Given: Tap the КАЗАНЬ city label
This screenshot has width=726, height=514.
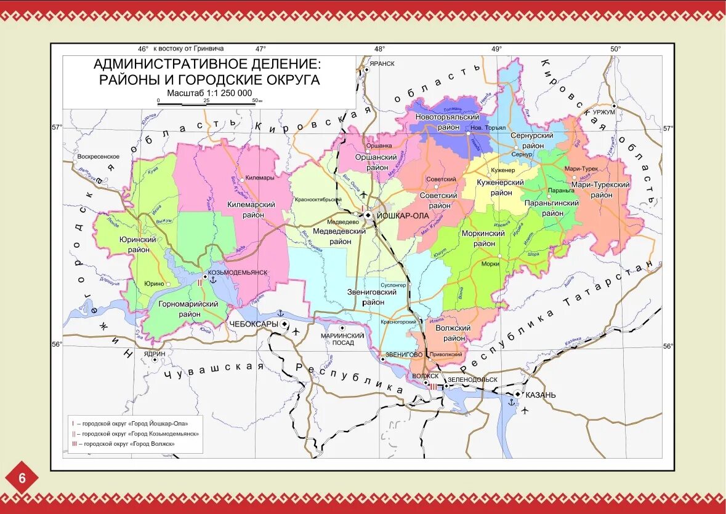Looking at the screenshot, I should (x=541, y=395).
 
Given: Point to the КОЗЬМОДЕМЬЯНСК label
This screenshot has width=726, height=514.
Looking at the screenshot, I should (x=238, y=272).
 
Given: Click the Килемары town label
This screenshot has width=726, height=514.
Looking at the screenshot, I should (x=259, y=178).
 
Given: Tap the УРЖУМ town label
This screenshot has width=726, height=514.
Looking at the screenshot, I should (x=604, y=113).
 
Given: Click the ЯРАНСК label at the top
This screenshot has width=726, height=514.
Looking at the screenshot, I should (x=382, y=63).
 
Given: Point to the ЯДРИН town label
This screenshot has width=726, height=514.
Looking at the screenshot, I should (x=155, y=354).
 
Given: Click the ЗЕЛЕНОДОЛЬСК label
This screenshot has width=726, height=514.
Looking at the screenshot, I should (x=472, y=379).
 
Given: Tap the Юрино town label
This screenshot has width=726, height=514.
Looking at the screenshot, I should (x=154, y=283).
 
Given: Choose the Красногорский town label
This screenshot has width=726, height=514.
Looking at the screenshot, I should (x=399, y=322).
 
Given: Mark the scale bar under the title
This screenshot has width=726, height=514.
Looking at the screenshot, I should (x=206, y=104).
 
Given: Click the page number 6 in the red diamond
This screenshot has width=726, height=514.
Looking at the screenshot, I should (x=22, y=478).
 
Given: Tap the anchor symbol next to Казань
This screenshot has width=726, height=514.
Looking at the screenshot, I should (x=510, y=401).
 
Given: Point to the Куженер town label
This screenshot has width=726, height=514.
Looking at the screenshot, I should (x=502, y=169).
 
